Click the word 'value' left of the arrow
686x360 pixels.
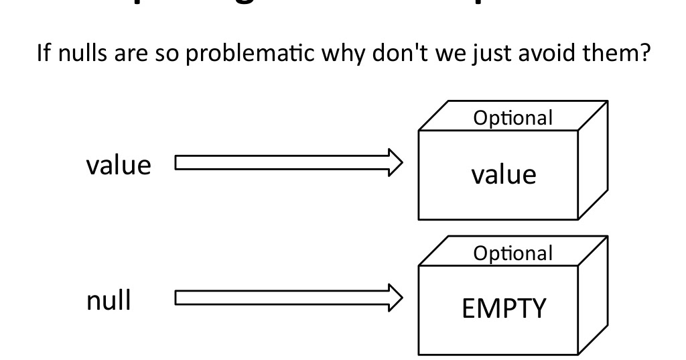119,164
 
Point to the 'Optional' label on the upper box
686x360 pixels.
513,118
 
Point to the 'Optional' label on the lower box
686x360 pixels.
513,253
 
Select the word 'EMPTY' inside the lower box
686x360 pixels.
504,309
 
